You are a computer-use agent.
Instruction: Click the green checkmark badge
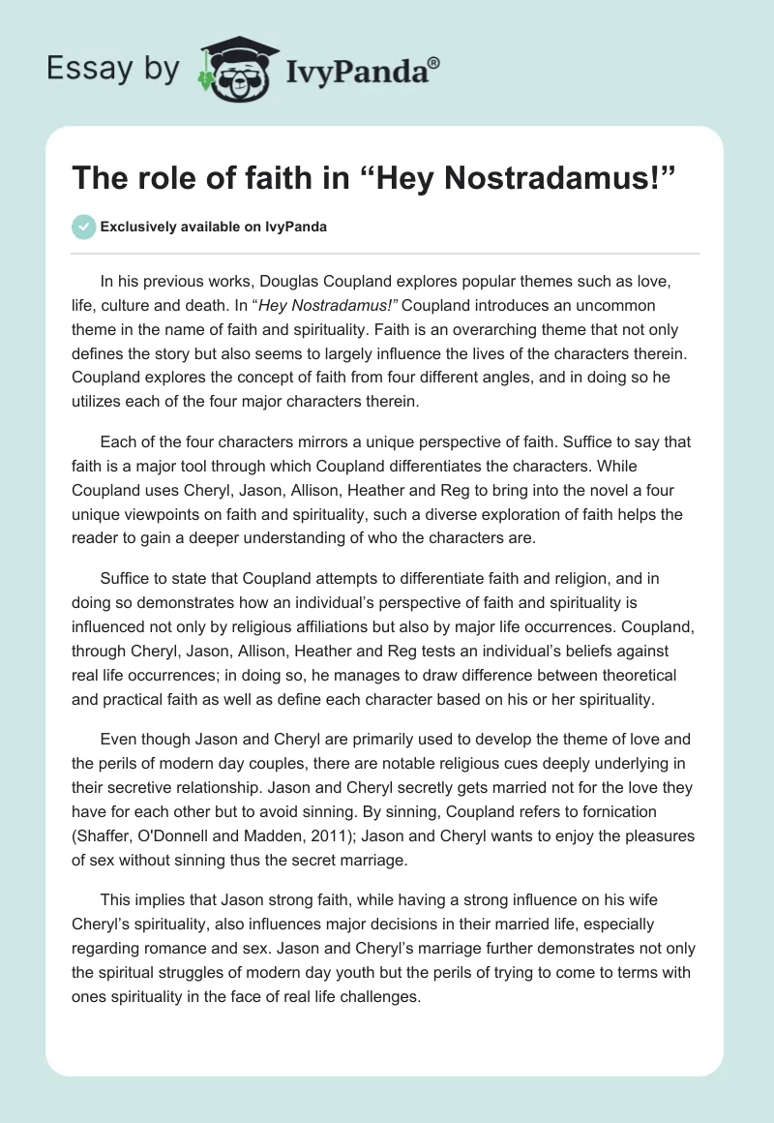click(x=83, y=227)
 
